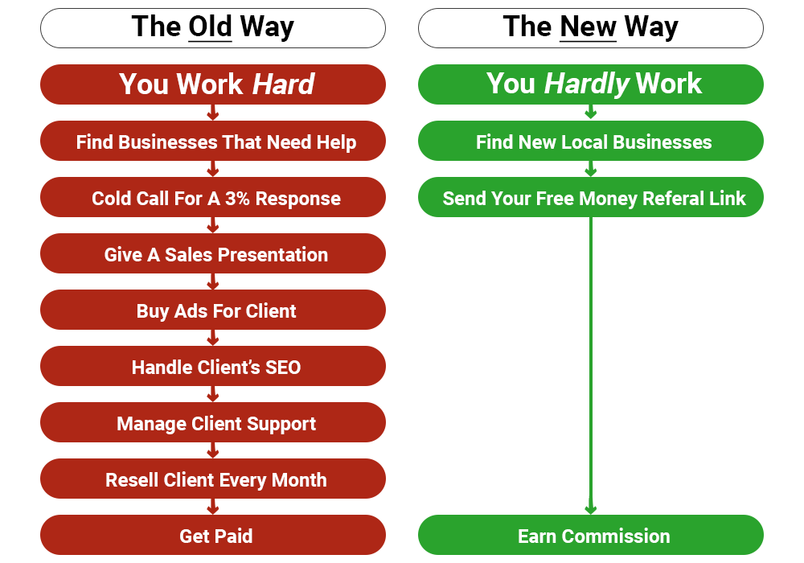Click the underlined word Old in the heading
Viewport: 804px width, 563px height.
pos(210,27)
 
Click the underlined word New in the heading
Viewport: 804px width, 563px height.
pos(588,27)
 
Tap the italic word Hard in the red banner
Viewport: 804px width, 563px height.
pos(284,84)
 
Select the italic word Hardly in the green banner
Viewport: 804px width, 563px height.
pos(587,84)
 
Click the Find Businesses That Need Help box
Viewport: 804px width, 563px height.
pos(213,141)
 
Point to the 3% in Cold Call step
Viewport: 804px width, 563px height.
pos(237,199)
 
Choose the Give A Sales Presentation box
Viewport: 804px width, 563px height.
pos(213,254)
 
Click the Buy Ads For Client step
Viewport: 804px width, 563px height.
pos(213,310)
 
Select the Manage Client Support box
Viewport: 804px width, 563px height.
pos(213,422)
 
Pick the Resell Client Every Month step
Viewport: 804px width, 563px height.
pos(213,479)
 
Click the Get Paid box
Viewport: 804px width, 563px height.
pos(213,536)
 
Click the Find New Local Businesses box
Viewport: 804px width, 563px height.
pos(591,141)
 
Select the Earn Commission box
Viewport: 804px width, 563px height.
pos(591,536)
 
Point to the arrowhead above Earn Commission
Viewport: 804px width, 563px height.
pos(591,510)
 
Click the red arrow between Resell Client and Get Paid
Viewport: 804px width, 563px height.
pos(213,507)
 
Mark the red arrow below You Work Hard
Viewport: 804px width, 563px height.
pos(213,113)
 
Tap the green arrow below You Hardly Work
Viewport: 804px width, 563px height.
pos(591,112)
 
